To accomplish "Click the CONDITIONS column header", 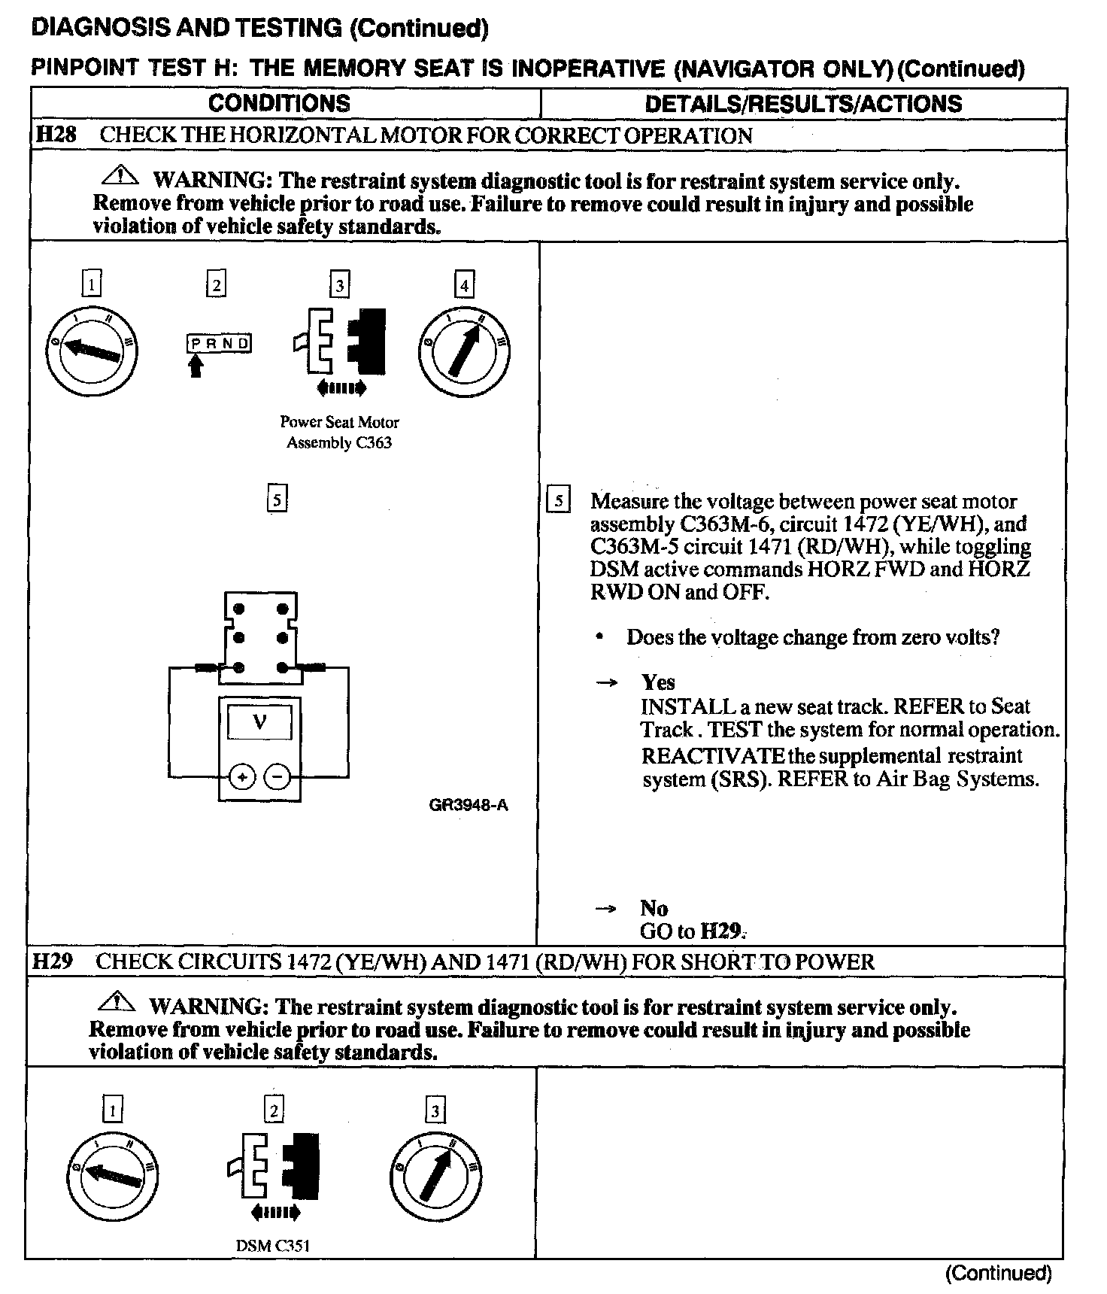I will (x=279, y=103).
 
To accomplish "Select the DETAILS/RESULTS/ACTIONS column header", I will (x=803, y=104).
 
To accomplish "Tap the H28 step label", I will (x=56, y=135).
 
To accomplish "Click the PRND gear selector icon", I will (x=219, y=344).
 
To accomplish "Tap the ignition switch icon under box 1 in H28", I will (x=92, y=352).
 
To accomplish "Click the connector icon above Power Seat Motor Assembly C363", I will (x=341, y=342).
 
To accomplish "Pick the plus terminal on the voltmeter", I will (x=241, y=776).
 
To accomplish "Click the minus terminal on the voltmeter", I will (x=278, y=776).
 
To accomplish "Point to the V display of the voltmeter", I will (x=259, y=722).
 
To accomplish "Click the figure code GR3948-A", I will (x=468, y=805).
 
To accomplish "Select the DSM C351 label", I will (x=273, y=1245).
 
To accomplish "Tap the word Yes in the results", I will (x=658, y=682).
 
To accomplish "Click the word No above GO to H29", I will (x=654, y=908).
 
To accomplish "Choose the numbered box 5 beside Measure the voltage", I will (x=558, y=501).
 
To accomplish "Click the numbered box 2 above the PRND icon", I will (x=216, y=285).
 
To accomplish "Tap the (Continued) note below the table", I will (x=998, y=1273).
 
